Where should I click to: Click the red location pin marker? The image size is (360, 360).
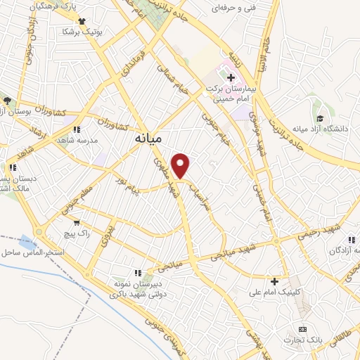point(181,165)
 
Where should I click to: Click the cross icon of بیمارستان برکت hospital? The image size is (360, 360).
point(231,77)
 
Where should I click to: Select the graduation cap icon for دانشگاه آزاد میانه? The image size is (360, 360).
point(320,118)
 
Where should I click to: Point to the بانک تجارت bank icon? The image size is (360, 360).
point(303,329)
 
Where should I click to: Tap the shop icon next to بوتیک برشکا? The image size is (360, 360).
point(82,22)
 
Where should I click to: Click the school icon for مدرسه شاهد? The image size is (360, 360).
point(77,129)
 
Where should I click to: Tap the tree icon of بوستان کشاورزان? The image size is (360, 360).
point(6,101)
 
